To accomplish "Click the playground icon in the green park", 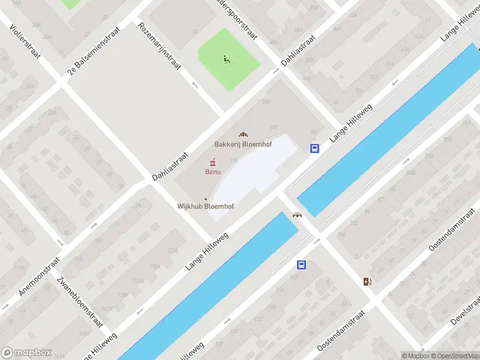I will coord(226,59).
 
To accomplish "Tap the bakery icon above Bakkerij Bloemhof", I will coord(243,134).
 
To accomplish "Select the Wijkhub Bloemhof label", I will coord(205,206).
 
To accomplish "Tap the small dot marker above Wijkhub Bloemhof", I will coord(206,199).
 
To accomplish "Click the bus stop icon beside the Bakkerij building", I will coord(314,149).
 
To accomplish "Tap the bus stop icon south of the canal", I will coord(301,265).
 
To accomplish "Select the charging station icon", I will coord(367,281).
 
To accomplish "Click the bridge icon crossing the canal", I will coord(296,215).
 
